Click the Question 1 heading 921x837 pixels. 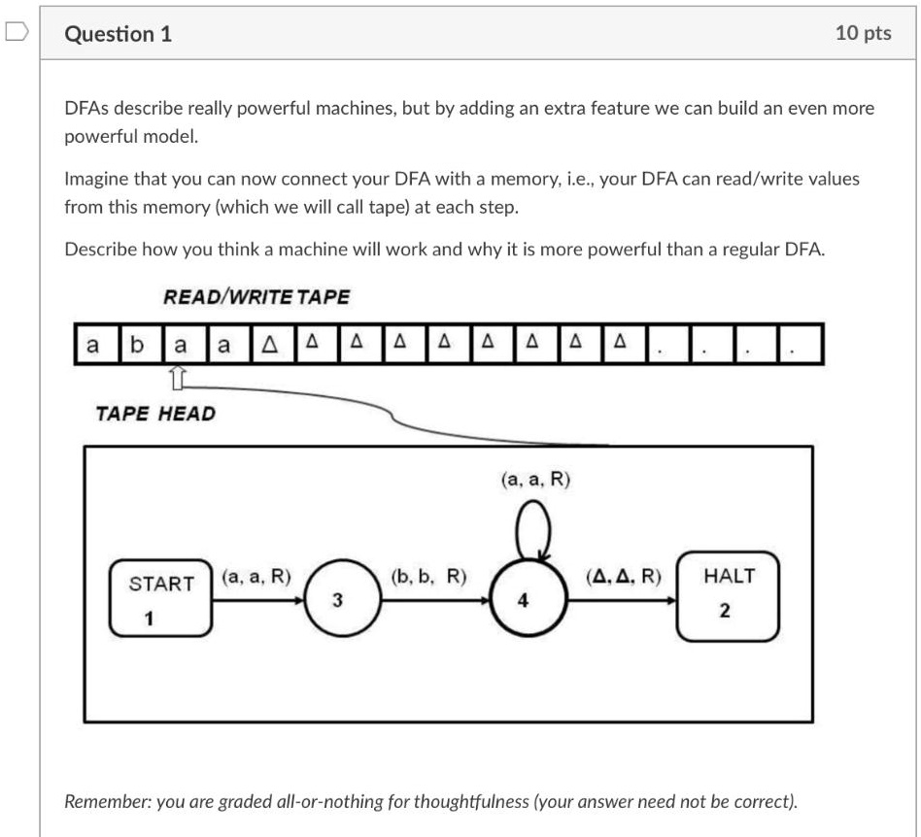(x=118, y=34)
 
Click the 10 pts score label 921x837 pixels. (x=863, y=34)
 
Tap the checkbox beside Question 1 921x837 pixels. (x=16, y=33)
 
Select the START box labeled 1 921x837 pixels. (x=162, y=598)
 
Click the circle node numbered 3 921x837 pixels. (x=337, y=600)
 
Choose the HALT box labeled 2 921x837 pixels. (x=728, y=595)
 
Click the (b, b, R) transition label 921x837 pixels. (x=428, y=576)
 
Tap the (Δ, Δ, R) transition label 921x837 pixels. (x=624, y=576)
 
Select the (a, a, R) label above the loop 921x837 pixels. (x=535, y=479)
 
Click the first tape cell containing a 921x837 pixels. (x=93, y=345)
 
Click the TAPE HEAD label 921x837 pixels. (x=155, y=414)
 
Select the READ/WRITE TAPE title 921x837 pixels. (x=256, y=297)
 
